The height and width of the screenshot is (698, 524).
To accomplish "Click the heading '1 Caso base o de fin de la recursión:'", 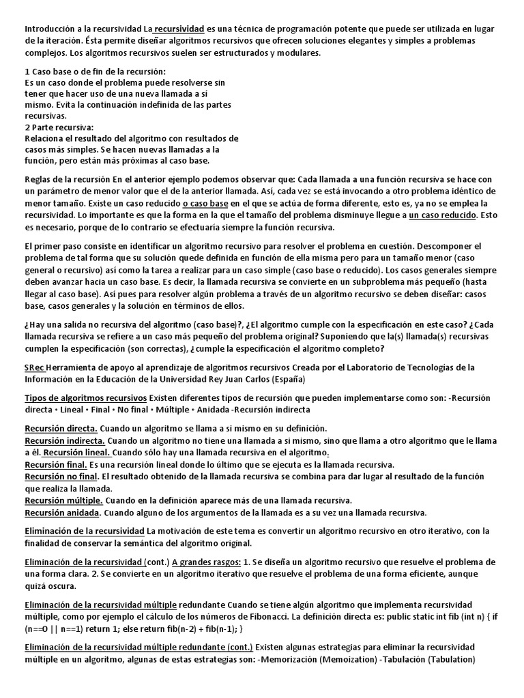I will (x=95, y=72).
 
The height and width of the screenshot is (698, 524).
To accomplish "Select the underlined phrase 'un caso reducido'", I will (x=444, y=215).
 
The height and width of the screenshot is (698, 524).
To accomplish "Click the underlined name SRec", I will (x=34, y=367).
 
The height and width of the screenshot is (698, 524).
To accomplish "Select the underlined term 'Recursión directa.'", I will (x=61, y=429).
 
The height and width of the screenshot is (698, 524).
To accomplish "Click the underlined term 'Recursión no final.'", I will (x=63, y=476).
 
